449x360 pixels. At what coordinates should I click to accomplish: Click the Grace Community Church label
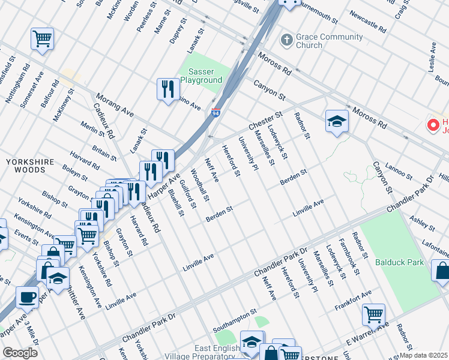coord(321,41)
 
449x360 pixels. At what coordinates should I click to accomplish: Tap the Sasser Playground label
coord(201,76)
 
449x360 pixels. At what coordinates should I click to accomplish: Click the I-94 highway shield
coord(215,112)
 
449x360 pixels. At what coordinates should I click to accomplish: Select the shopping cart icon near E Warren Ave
coord(373,313)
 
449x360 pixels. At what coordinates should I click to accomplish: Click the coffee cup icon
coord(26,296)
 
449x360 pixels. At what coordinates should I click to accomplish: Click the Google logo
coord(20,353)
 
